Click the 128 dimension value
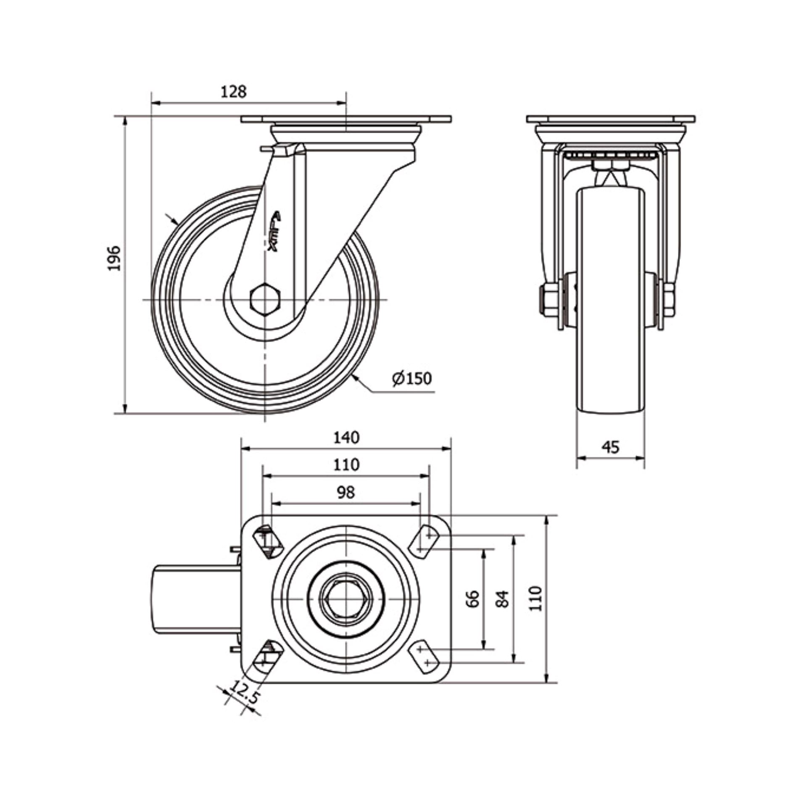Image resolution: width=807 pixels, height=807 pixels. coord(234,92)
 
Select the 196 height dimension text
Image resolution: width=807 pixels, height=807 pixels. coord(114,258)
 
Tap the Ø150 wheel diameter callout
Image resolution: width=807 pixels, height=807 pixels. coord(412,378)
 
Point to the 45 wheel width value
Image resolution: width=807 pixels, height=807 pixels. coord(610,447)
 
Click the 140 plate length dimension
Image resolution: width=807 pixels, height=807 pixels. coord(347,438)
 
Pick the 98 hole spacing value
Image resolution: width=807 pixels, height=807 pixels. coord(346,492)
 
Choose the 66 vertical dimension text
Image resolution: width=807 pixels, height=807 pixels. coord(473,599)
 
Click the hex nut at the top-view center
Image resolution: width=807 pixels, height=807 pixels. coord(345,598)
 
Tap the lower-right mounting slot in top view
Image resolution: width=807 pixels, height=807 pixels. coord(424,656)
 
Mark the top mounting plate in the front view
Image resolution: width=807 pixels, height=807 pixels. coord(611,119)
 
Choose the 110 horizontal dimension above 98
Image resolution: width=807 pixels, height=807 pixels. coord(347,464)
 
